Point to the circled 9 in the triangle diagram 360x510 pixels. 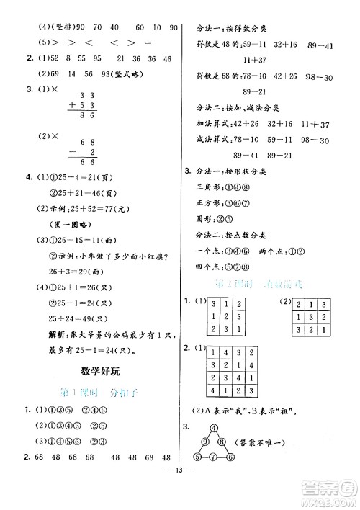click(x=205, y=441)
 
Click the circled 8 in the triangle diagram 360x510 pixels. click(x=221, y=441)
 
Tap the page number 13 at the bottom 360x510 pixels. click(x=179, y=492)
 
